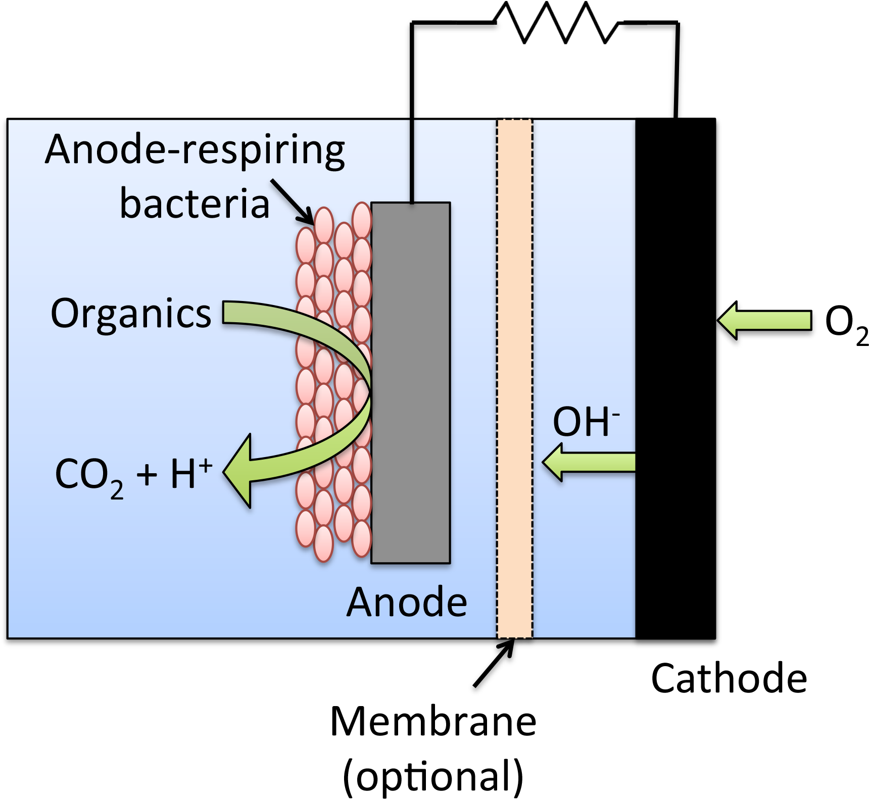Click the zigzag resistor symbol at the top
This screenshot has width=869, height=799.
point(556,23)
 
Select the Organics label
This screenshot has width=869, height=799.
point(131,313)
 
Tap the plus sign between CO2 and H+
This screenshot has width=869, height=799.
point(147,475)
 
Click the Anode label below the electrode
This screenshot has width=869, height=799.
point(407,602)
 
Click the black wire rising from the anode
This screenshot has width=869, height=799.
point(412,162)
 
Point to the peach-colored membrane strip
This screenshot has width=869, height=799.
point(514,379)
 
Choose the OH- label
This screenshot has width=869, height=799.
point(586,422)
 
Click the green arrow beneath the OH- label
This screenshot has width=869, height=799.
point(589,462)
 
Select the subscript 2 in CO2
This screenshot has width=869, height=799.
point(117,490)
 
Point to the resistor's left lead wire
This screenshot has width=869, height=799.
point(475,23)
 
